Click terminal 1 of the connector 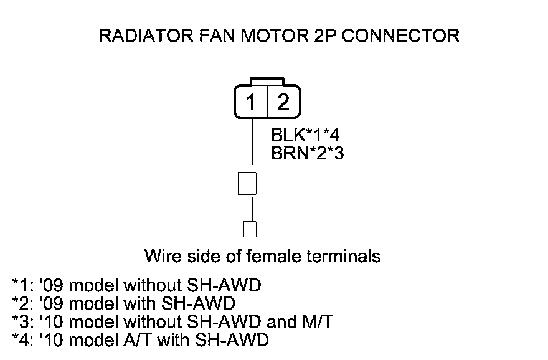(x=250, y=102)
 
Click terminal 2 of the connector (x=283, y=102)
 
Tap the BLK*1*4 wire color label (x=305, y=135)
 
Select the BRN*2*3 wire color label (x=308, y=153)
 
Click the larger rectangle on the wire (x=248, y=184)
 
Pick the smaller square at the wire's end (x=250, y=229)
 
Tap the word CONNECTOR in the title (x=402, y=36)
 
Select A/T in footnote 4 (x=141, y=340)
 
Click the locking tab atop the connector (x=267, y=82)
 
